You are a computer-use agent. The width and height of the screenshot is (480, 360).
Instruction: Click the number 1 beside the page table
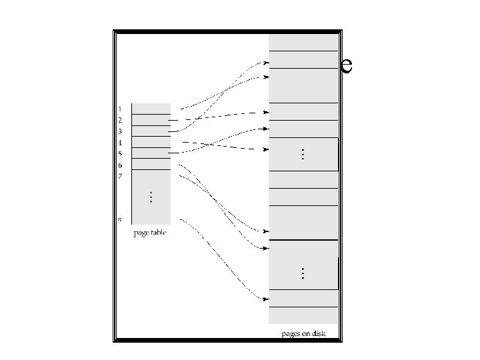pyautogui.click(x=120, y=108)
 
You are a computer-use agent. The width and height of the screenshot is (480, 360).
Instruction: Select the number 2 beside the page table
pyautogui.click(x=120, y=119)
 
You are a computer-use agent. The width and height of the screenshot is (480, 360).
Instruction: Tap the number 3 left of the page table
pyautogui.click(x=120, y=131)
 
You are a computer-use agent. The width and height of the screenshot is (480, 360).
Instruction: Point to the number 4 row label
pyautogui.click(x=120, y=143)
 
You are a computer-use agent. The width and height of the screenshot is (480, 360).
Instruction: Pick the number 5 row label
pyautogui.click(x=120, y=154)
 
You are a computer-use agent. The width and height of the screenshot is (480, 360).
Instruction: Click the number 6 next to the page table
pyautogui.click(x=120, y=165)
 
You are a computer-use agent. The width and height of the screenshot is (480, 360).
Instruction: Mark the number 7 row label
pyautogui.click(x=120, y=177)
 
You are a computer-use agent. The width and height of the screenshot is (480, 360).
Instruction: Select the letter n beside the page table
pyautogui.click(x=120, y=219)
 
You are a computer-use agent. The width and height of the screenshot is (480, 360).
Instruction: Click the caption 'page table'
pyautogui.click(x=150, y=233)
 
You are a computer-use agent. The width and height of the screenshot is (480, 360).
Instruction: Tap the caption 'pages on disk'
pyautogui.click(x=303, y=333)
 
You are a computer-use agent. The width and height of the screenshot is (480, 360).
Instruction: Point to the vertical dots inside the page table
pyautogui.click(x=151, y=197)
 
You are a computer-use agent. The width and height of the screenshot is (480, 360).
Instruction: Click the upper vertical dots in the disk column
pyautogui.click(x=303, y=154)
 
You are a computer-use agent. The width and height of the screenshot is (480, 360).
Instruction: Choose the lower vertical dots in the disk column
pyautogui.click(x=303, y=273)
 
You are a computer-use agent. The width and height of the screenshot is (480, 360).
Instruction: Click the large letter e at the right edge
pyautogui.click(x=345, y=65)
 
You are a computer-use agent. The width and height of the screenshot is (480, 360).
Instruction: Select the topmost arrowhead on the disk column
pyautogui.click(x=266, y=65)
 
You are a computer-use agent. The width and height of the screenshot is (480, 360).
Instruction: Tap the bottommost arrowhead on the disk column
pyautogui.click(x=266, y=299)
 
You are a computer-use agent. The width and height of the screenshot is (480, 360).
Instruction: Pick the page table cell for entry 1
pyautogui.click(x=151, y=109)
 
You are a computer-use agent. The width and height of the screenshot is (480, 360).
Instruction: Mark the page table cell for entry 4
pyautogui.click(x=151, y=142)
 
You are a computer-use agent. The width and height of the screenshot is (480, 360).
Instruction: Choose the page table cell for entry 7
pyautogui.click(x=151, y=176)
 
